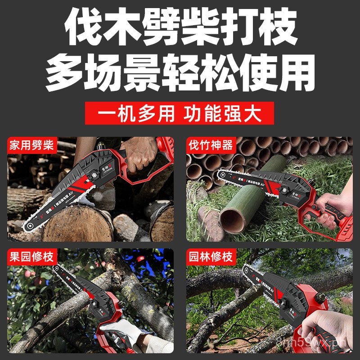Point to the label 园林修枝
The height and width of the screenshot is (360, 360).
point(210,258)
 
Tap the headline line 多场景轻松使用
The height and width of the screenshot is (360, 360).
point(180,72)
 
